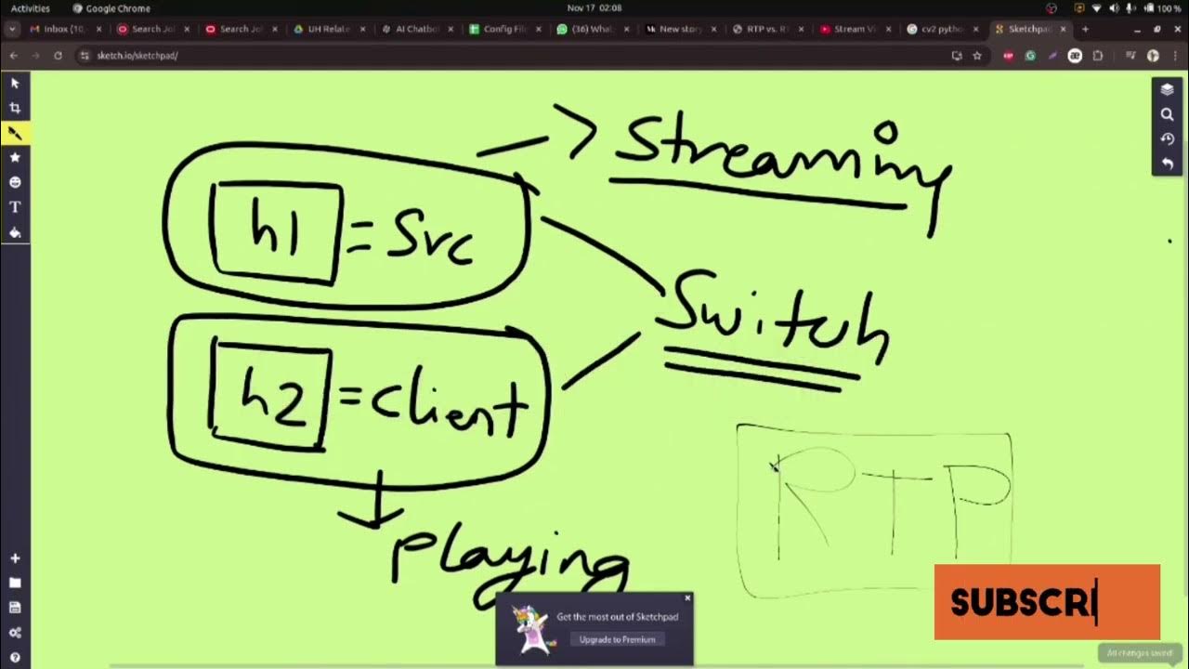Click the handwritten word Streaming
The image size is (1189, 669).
(780, 158)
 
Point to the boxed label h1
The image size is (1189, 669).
(276, 231)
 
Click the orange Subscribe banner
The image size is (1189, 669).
(1046, 602)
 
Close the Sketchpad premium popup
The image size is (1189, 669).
(687, 598)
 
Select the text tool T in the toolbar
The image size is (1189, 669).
(15, 207)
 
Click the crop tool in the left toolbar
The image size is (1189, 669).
(15, 108)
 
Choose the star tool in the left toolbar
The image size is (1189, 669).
(15, 158)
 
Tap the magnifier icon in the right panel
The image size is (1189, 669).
(1167, 114)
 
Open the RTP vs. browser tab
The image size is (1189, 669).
(767, 29)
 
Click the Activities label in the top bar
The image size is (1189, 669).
(31, 8)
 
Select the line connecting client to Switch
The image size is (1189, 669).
(601, 360)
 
